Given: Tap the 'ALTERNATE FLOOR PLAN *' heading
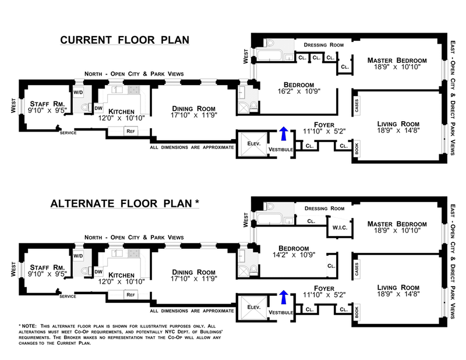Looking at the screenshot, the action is click(x=125, y=203).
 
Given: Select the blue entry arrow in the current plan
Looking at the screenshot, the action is click(x=284, y=133).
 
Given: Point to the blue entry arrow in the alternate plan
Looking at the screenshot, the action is click(x=284, y=297).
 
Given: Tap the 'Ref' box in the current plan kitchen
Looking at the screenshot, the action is click(x=131, y=131).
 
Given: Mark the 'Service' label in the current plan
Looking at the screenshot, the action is click(x=68, y=133).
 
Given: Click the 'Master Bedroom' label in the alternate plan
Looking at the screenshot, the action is click(x=396, y=224).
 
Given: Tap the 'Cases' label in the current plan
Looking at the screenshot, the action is click(x=356, y=104).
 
